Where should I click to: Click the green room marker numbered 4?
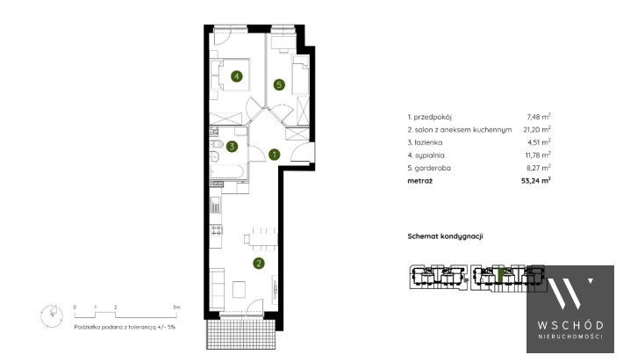[237, 76]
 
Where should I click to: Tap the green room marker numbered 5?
[279, 84]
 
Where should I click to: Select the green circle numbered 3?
[232, 147]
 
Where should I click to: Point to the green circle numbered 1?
[274, 155]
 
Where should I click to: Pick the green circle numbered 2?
[259, 263]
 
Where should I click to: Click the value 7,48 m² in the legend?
[539, 117]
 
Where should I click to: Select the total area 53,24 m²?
[536, 181]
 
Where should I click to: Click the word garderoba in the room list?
[433, 168]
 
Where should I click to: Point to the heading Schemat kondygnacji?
[446, 236]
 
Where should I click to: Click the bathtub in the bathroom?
[226, 172]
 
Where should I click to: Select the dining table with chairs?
[261, 239]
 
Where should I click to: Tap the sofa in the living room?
[217, 289]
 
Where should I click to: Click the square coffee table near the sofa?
[240, 290]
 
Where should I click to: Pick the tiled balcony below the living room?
[240, 334]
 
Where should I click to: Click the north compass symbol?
[52, 315]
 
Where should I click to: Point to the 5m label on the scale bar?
[176, 308]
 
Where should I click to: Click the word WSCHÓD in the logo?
[570, 325]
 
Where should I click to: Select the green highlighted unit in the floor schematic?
[501, 276]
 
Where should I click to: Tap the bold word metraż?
[420, 181]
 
